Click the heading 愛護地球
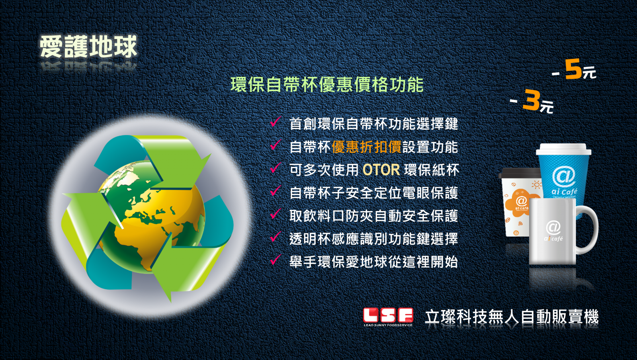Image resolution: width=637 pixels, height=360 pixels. click(88, 47)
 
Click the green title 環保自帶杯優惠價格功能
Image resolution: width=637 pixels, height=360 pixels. click(327, 85)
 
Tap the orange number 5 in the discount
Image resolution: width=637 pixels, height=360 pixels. click(573, 69)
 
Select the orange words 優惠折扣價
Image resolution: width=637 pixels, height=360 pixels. click(367, 147)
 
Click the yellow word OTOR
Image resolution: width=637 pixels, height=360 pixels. click(381, 170)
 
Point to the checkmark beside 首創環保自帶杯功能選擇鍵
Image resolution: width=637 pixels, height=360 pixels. click(275, 122)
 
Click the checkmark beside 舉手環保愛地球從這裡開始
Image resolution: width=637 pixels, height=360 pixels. click(275, 260)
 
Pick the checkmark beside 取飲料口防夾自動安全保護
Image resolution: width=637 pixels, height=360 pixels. click(275, 214)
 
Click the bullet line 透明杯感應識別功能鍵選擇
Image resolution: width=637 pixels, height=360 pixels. click(374, 239)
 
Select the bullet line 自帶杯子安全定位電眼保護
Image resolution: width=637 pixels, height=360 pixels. click(374, 193)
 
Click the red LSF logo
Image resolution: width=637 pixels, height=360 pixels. click(388, 315)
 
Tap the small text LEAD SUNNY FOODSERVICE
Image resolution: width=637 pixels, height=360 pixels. click(388, 325)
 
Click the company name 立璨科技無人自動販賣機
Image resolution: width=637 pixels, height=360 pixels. click(512, 317)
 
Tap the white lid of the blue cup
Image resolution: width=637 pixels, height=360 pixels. click(564, 149)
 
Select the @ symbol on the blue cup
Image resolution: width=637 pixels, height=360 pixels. click(564, 176)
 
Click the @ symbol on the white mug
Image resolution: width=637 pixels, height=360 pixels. click(553, 227)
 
